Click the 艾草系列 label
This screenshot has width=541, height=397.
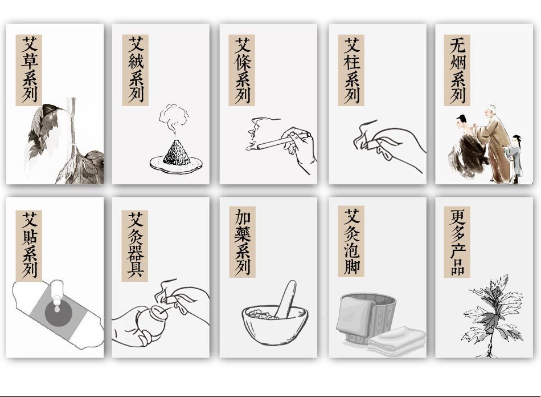[x=28, y=70]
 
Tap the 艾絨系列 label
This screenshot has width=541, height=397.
[x=136, y=70]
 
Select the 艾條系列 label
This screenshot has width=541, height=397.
[x=242, y=70]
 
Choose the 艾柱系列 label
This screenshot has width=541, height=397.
[x=351, y=70]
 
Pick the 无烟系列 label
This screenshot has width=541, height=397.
[x=457, y=70]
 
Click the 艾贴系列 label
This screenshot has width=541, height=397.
[x=28, y=245]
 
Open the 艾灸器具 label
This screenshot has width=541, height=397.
[x=135, y=245]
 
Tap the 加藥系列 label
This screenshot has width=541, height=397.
[x=242, y=242]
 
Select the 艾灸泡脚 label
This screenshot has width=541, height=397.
[x=351, y=241]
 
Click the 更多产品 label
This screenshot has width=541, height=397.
[x=457, y=242]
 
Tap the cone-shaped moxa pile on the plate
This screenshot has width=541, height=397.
[x=177, y=153]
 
